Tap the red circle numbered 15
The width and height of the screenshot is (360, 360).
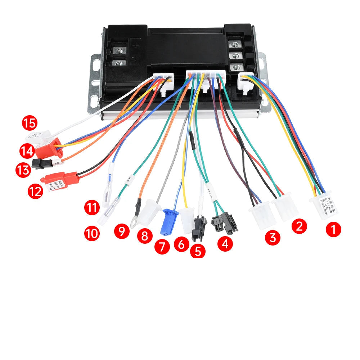(30, 123)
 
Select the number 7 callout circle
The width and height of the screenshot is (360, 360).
(161, 247)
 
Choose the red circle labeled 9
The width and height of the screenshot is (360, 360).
(122, 231)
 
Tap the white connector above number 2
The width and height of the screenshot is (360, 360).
(285, 208)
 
